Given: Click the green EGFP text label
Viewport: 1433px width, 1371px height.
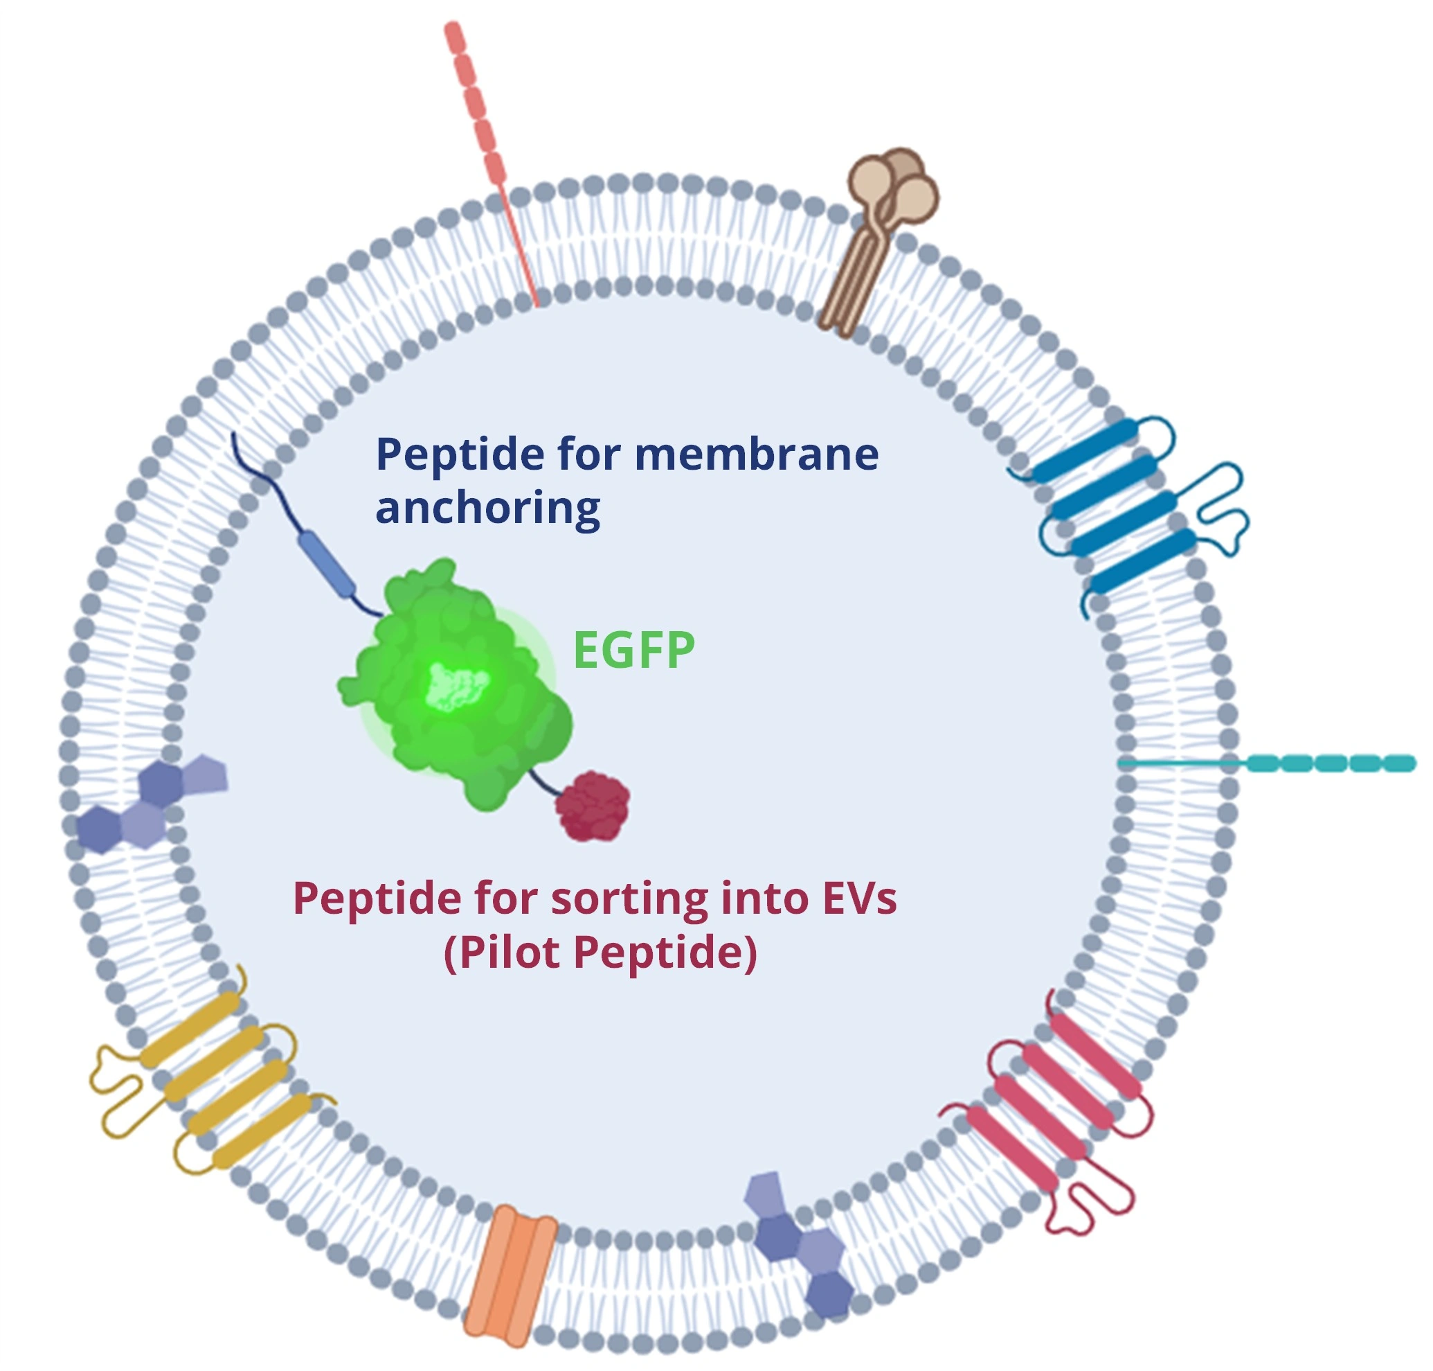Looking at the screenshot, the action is click(x=633, y=649).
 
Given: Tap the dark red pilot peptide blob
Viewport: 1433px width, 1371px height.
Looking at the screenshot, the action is click(x=593, y=806).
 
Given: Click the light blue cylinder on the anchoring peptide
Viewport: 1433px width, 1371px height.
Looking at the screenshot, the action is click(x=327, y=565).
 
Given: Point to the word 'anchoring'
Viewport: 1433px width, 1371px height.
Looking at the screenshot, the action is click(x=487, y=508).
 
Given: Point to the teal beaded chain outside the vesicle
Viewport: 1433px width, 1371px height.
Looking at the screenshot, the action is click(x=1268, y=763).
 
